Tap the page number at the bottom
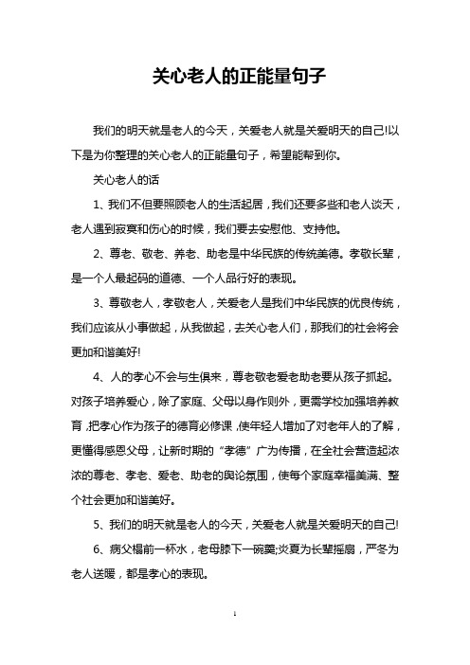235,640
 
